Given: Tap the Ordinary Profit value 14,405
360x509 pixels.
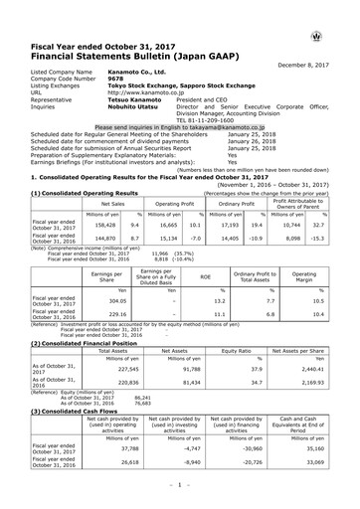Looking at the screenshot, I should (223, 212).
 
